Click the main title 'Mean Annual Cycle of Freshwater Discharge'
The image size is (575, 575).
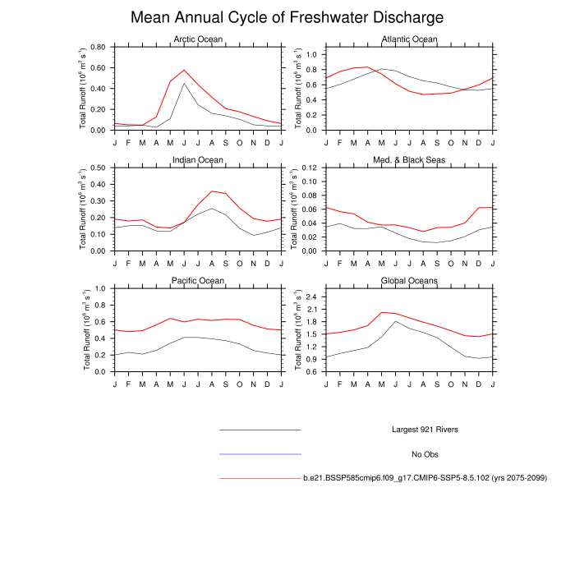287,17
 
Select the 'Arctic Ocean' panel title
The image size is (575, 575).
197,39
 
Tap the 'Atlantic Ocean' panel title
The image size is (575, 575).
409,39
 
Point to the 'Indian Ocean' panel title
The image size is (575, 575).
197,159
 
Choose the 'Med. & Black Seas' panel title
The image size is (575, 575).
409,159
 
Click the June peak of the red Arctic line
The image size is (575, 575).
184,70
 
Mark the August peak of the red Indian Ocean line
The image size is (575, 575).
212,191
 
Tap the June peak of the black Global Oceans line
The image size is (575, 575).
396,320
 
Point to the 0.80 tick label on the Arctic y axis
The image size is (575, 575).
97,47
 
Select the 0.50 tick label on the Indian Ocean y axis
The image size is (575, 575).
97,168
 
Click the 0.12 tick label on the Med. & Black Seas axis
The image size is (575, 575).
309,168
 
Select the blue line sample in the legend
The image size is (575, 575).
260,454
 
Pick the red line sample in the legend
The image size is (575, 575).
260,478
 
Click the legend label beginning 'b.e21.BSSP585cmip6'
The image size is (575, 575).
425,478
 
